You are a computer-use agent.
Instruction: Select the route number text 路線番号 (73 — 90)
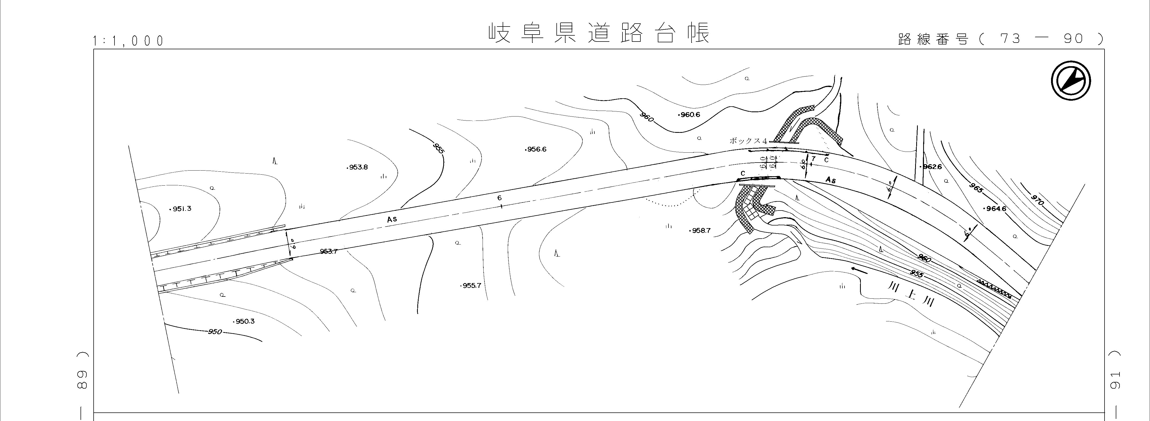coord(1000,39)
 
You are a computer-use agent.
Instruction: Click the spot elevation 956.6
coord(536,149)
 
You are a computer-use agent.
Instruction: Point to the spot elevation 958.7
coord(700,231)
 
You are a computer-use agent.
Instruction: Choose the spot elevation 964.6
coord(995,209)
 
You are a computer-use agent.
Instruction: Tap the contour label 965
coord(976,188)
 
